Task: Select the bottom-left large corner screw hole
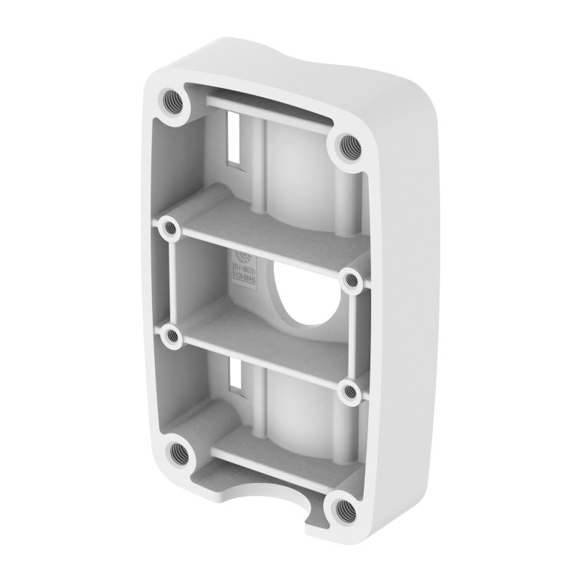177,455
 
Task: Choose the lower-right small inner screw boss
350,391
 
